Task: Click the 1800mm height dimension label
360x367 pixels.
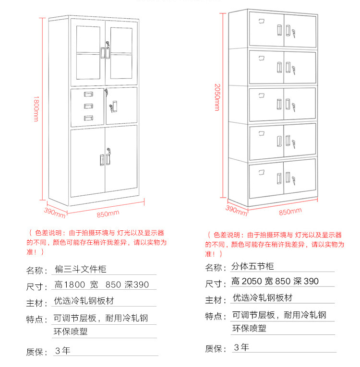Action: coord(36,109)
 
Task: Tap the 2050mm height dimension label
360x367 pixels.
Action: coord(216,96)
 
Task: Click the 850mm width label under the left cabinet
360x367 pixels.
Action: coord(108,213)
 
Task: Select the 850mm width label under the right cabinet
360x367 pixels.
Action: coord(290,211)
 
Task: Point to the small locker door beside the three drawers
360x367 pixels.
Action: coord(121,106)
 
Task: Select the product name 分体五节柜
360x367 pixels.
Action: coord(253,266)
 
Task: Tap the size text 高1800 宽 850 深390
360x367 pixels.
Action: coord(102,285)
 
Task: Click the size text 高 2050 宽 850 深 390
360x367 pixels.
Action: coord(275,281)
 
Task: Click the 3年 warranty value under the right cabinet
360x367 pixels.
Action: coord(241,347)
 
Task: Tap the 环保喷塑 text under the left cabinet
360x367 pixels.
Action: coord(71,331)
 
